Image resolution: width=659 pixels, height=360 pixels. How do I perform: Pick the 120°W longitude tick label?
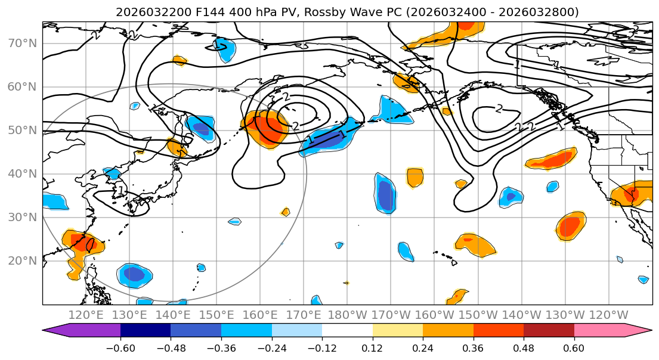pos(608,315)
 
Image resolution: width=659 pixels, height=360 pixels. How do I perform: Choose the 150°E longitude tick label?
pos(216,315)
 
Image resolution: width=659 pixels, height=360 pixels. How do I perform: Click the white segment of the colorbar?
pos(347,331)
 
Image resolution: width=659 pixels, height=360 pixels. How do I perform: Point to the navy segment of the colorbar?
pos(146,331)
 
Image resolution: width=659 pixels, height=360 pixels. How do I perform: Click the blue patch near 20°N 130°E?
pos(134,275)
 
